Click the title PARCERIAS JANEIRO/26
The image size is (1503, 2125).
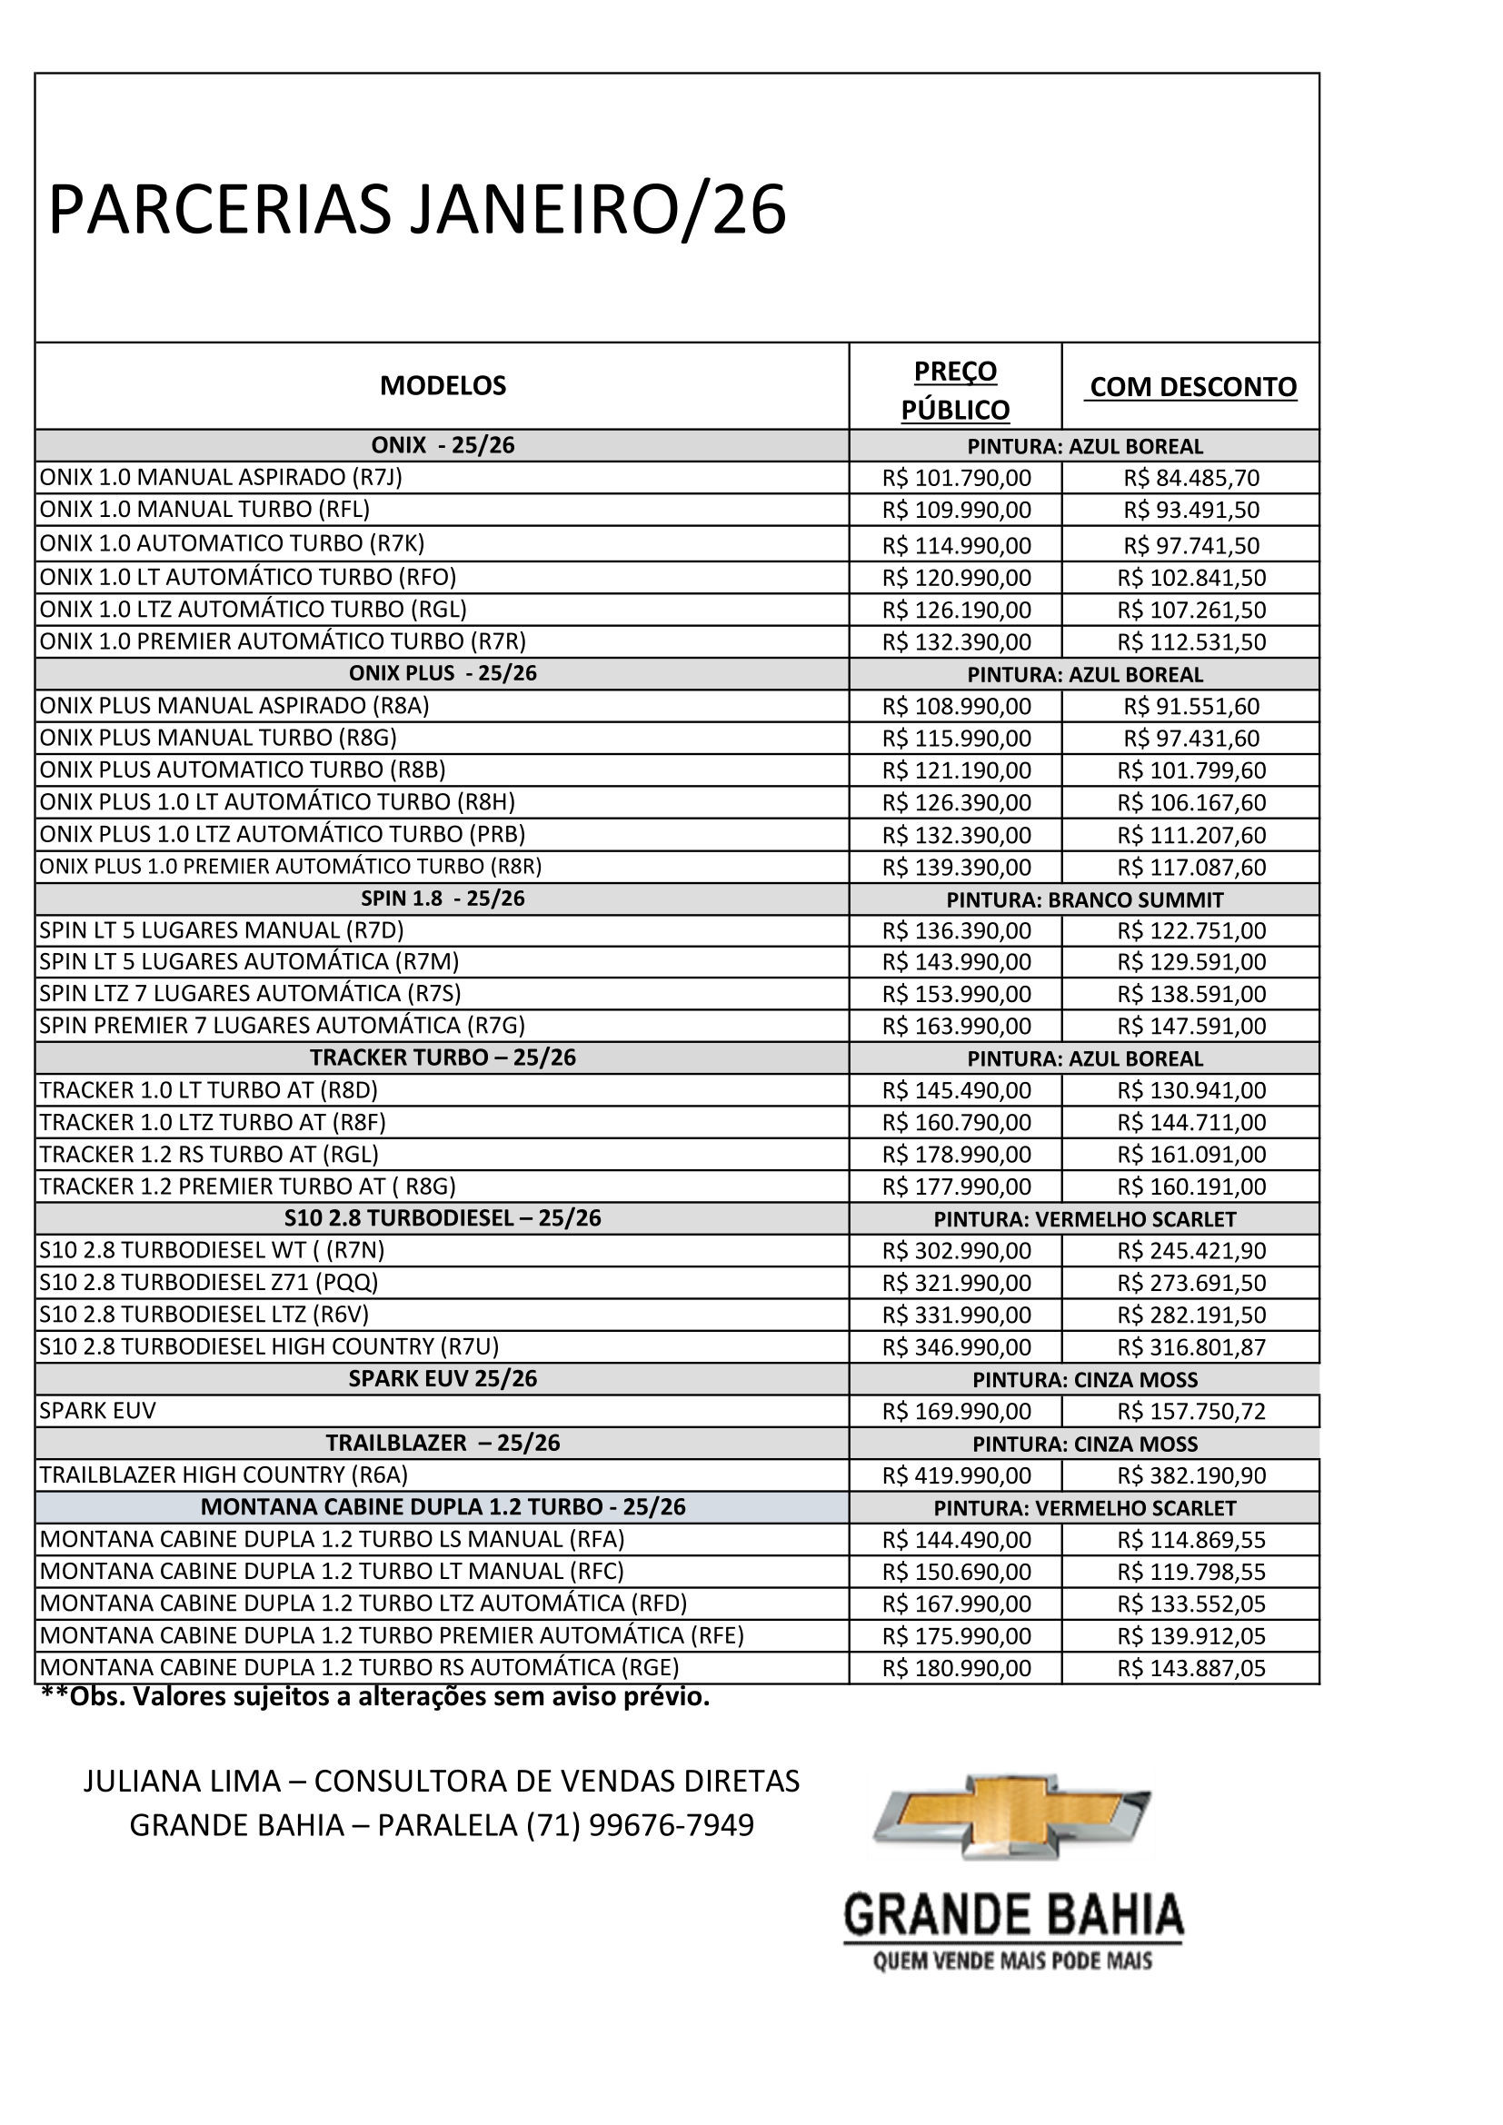tap(416, 210)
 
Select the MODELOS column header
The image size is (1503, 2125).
tap(443, 386)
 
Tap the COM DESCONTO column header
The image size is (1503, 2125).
tap(1192, 387)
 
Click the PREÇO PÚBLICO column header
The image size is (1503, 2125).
tap(955, 390)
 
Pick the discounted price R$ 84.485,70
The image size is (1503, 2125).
tap(1191, 479)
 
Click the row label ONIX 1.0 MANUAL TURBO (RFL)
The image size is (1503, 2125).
tap(204, 509)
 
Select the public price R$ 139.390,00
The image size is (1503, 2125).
tap(956, 868)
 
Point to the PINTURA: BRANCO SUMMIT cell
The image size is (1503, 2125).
tap(1085, 899)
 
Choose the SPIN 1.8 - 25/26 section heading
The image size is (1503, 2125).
tap(443, 899)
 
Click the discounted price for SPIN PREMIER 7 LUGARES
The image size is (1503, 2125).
tap(1191, 1027)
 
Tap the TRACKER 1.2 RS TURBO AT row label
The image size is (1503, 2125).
tap(209, 1154)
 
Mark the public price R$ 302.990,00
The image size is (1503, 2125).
tap(956, 1251)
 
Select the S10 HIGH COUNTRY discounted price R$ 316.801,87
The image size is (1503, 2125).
tap(1191, 1347)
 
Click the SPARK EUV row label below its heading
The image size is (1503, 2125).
tap(98, 1412)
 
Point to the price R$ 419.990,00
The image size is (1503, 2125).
tap(956, 1475)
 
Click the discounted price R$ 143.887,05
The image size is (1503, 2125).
tap(1191, 1669)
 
